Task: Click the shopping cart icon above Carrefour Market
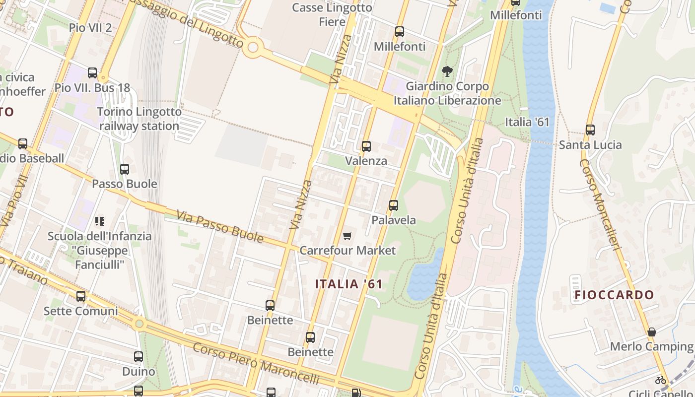347,236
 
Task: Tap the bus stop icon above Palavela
394,205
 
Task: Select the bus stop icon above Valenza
366,146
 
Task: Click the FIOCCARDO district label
615,295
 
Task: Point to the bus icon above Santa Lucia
590,130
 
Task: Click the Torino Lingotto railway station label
139,119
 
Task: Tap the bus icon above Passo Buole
125,169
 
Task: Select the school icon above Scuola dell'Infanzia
99,221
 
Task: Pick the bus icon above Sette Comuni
81,296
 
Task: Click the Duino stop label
139,372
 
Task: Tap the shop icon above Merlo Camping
651,332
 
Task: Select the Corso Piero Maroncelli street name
256,363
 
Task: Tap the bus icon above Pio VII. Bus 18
92,73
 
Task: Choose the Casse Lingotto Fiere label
332,14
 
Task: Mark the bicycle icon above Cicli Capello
660,380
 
